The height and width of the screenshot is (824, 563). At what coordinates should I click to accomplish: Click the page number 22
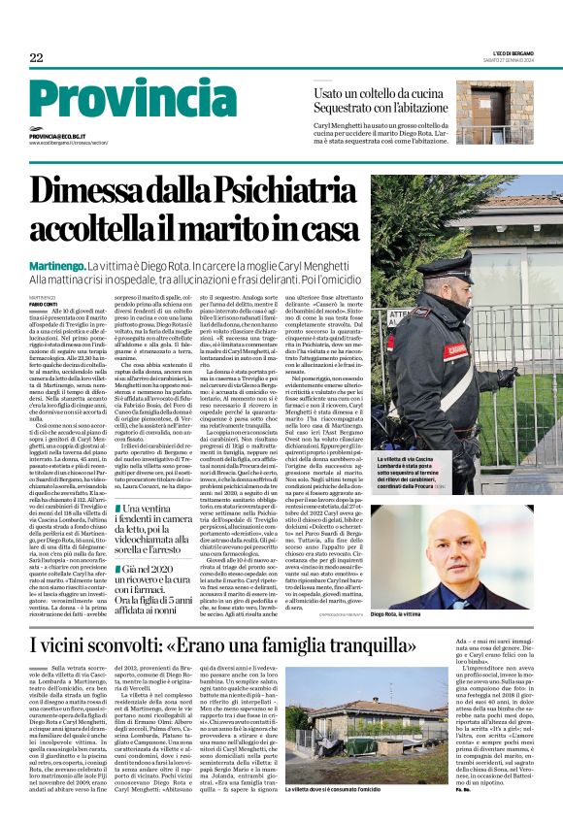(x=36, y=57)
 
